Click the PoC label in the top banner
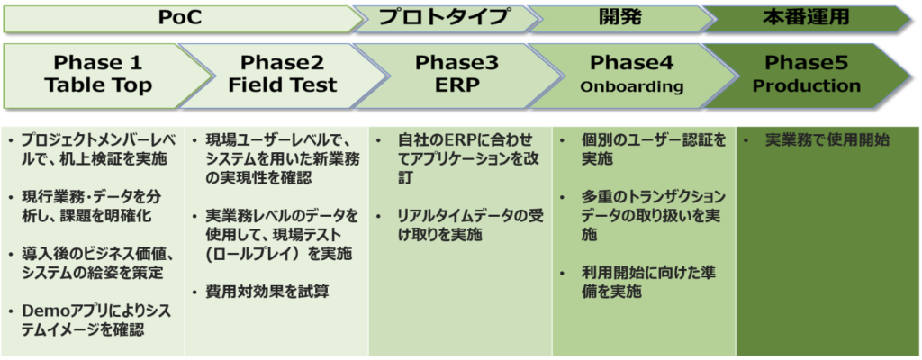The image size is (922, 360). click(179, 18)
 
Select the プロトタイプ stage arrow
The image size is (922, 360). click(445, 18)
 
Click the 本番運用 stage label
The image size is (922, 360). click(806, 18)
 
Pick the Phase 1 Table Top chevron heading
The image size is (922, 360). click(99, 75)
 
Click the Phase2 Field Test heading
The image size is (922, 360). click(282, 75)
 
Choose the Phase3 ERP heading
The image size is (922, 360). click(451, 75)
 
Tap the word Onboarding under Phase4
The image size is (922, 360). click(632, 87)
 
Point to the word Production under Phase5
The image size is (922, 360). click(807, 86)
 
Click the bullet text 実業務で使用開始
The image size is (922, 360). click(827, 141)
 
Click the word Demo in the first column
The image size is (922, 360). click(41, 311)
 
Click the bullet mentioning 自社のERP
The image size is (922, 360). click(466, 158)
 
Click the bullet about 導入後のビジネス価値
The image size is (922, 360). click(93, 264)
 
